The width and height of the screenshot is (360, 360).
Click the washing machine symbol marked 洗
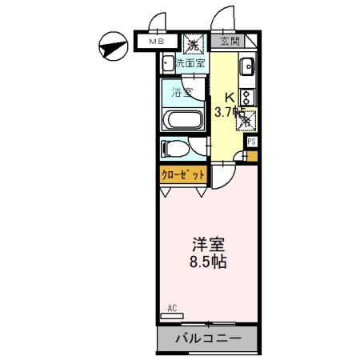192,42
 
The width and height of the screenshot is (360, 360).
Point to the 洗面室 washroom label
190,62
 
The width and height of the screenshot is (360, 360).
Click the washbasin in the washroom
169,65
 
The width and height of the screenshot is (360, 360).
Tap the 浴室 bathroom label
183,91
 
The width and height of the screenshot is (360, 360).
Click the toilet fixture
171,148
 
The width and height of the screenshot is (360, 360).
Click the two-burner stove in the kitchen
247,98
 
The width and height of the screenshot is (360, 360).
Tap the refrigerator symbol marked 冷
246,120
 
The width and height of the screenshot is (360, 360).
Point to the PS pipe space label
251,142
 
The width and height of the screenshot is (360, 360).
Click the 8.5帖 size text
206,262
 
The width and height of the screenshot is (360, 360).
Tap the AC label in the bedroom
172,307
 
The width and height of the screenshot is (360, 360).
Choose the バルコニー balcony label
208,338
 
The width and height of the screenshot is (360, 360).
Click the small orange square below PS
253,155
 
